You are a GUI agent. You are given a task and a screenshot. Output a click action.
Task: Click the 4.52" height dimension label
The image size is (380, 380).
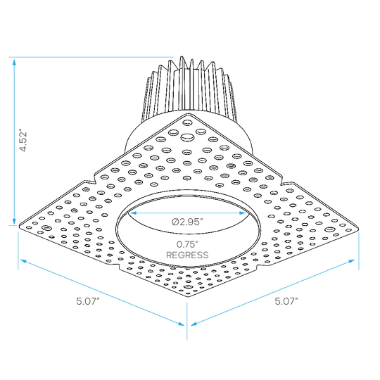[23, 141]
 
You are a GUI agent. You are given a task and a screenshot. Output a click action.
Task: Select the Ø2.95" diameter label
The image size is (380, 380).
[187, 222]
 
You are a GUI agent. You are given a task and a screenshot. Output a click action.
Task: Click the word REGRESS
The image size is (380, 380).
[187, 255]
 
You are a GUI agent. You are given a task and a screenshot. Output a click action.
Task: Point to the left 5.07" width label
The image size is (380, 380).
[88, 301]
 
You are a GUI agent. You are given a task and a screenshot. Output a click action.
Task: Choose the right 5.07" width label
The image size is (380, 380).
[286, 301]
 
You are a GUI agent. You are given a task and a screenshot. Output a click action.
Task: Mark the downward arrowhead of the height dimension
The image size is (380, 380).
[14, 221]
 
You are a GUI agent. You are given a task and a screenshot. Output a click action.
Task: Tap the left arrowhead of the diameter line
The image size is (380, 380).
[133, 213]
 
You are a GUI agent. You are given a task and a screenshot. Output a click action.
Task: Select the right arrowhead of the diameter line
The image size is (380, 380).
[243, 213]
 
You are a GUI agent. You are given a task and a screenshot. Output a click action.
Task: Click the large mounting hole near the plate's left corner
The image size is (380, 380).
[46, 228]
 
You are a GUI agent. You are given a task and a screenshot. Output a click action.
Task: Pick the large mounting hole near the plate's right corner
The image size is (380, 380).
[329, 229]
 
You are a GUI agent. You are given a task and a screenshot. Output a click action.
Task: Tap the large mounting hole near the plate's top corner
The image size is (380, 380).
[187, 137]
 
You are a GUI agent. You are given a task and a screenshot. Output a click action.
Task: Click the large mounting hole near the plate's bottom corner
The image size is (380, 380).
[188, 287]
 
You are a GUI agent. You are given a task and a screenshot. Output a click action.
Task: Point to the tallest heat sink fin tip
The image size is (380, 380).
[182, 57]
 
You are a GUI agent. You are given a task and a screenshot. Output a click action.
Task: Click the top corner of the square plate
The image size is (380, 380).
[189, 114]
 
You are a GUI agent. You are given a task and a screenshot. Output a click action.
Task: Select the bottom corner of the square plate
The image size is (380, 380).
[189, 296]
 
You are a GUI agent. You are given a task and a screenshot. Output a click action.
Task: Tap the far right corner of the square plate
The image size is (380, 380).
[358, 227]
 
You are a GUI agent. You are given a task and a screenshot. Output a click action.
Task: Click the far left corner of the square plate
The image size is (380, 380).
[19, 226]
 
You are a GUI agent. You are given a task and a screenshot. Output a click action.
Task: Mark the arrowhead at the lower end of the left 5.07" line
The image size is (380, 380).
[182, 324]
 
